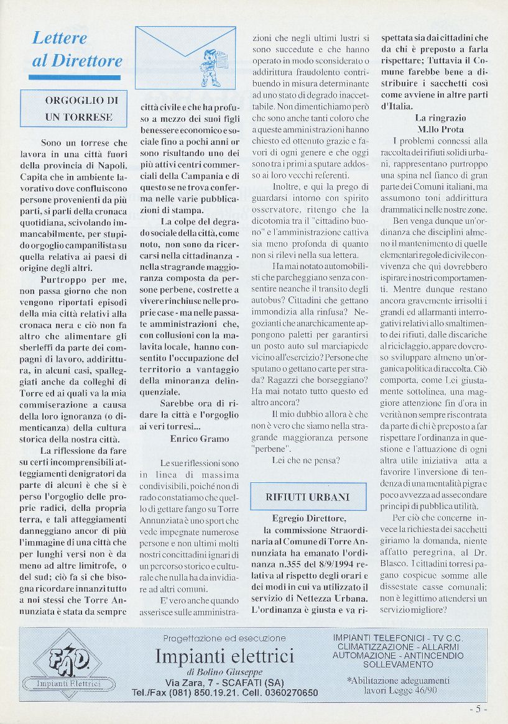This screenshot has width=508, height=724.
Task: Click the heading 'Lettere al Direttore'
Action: [x=77, y=49]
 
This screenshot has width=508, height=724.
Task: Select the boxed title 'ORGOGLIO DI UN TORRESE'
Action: [x=78, y=108]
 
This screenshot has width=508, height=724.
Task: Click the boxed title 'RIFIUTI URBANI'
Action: [x=307, y=497]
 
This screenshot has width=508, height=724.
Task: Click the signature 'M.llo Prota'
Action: [x=440, y=129]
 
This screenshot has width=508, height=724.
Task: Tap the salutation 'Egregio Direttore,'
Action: [x=308, y=518]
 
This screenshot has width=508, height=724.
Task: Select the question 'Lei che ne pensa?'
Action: [x=306, y=461]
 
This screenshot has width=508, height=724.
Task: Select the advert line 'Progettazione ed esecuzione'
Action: [x=224, y=638]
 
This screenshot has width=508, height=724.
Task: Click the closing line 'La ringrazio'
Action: [x=440, y=117]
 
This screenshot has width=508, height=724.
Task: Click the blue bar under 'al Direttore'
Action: [x=75, y=78]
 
